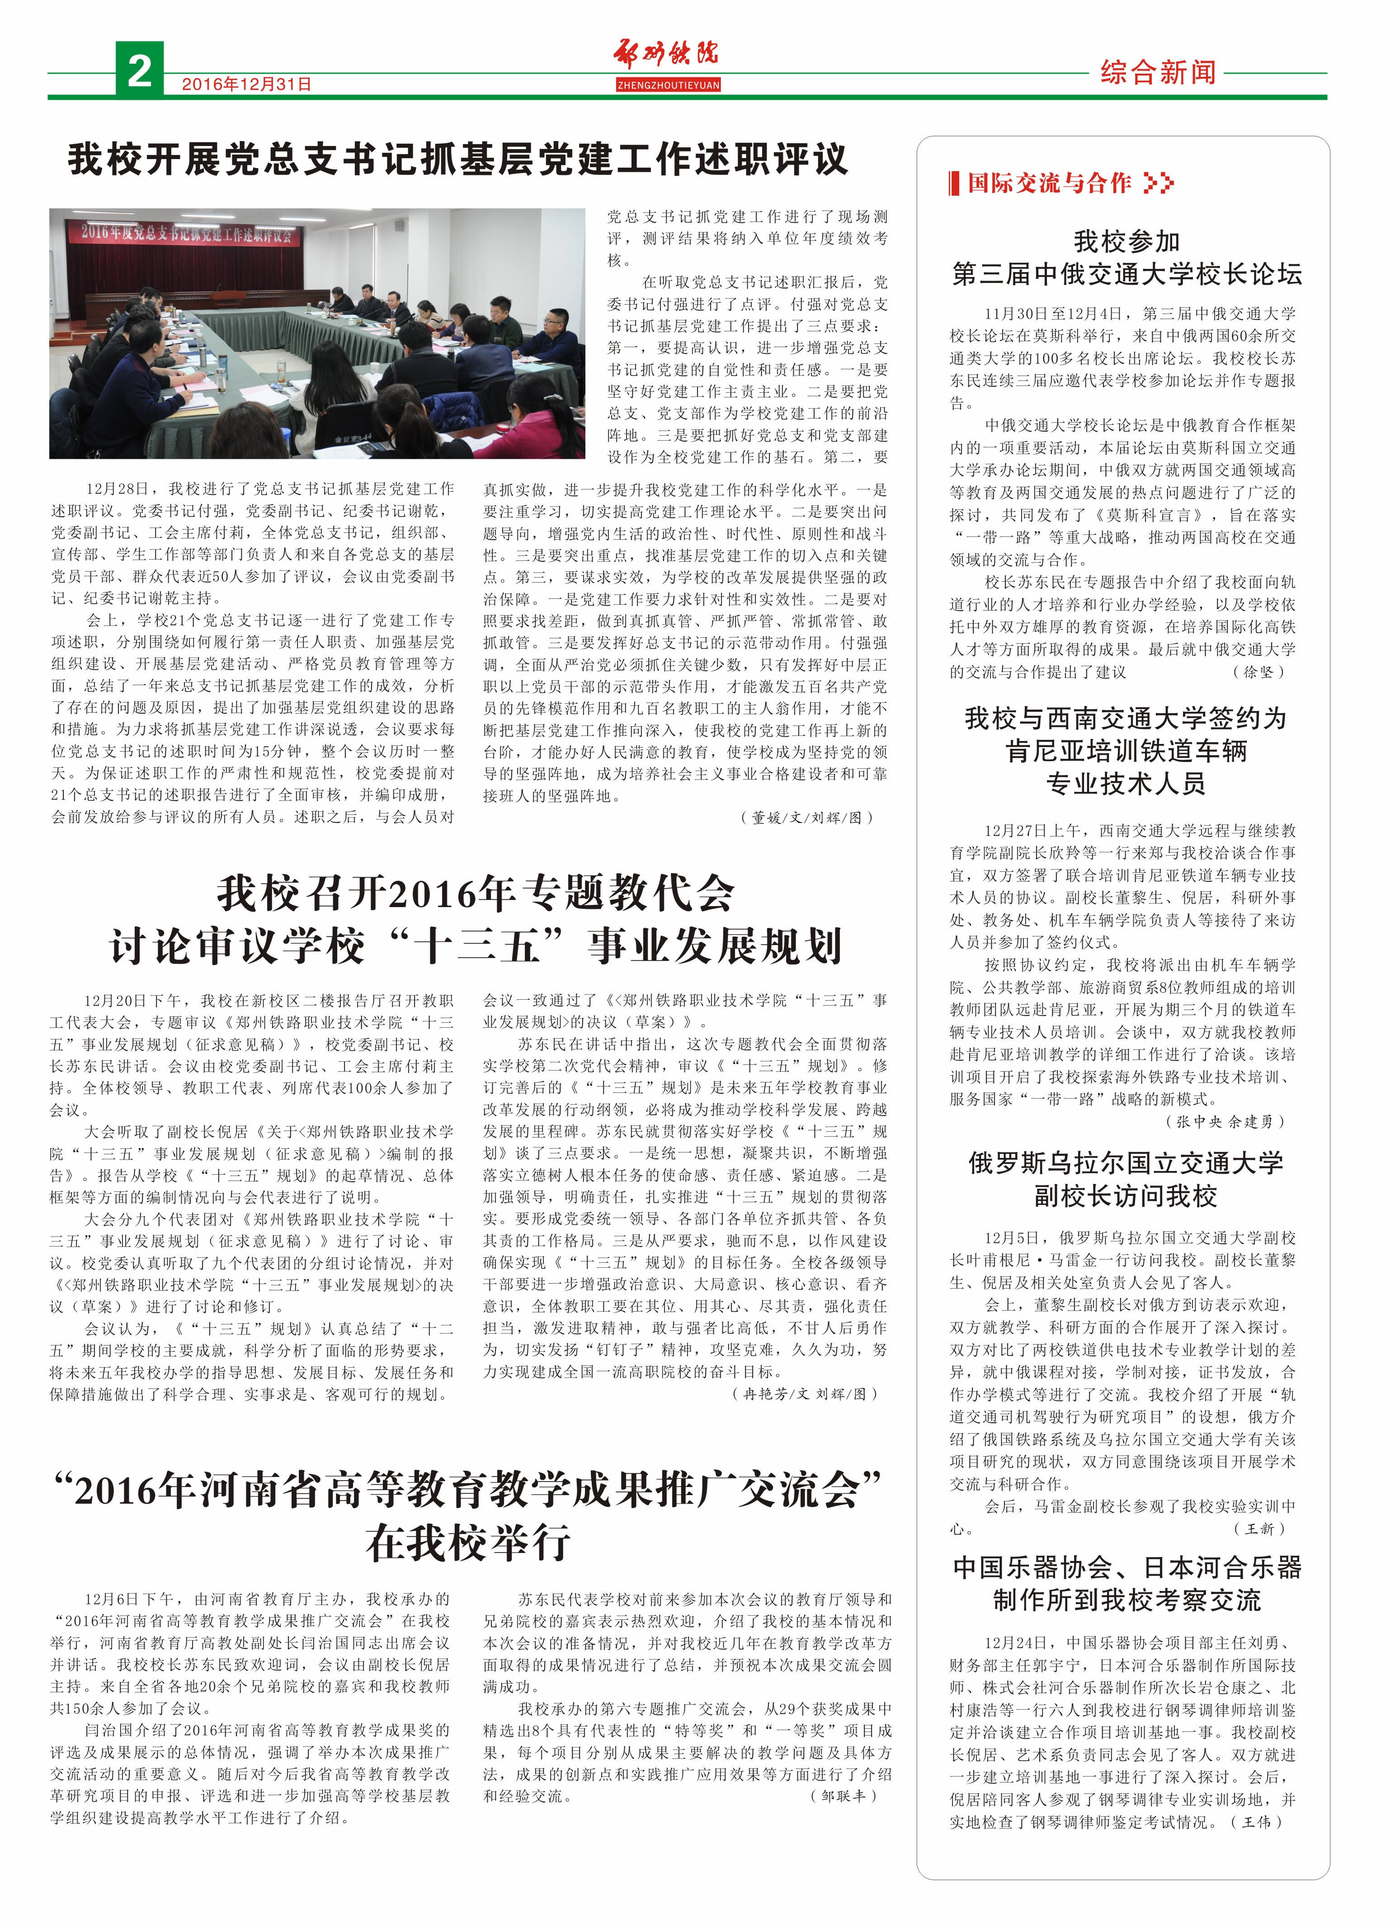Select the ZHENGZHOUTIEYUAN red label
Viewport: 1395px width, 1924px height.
(x=668, y=85)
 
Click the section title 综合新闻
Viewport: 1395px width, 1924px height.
(x=1157, y=72)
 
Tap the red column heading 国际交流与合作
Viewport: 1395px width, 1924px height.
(x=1049, y=183)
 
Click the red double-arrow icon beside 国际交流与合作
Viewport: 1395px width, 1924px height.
(x=1159, y=183)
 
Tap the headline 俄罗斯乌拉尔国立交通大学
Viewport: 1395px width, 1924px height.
(x=1126, y=1163)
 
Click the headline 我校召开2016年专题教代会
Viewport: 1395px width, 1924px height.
(x=475, y=893)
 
